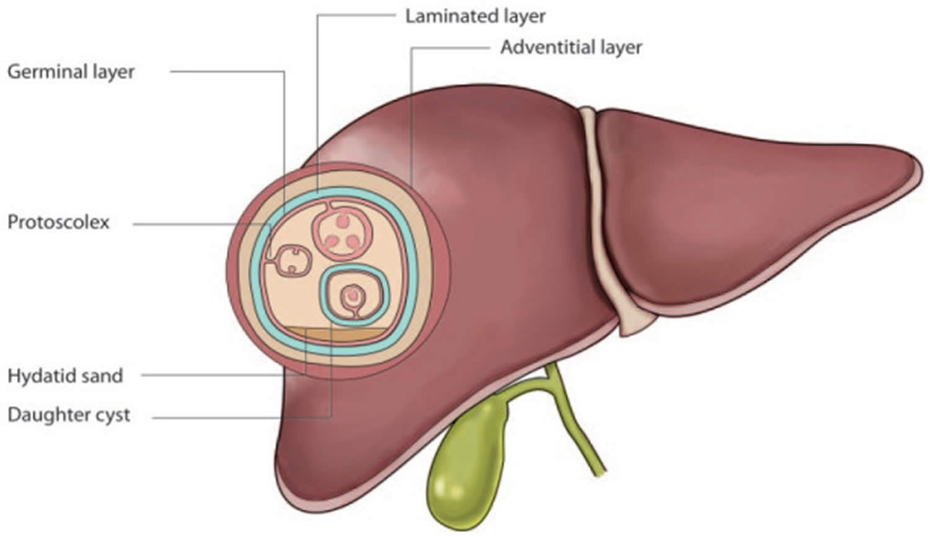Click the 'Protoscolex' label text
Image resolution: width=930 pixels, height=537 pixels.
coord(58,222)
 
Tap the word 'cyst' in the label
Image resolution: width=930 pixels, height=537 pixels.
coord(112,415)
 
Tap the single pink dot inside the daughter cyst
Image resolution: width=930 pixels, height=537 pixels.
coord(353,294)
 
